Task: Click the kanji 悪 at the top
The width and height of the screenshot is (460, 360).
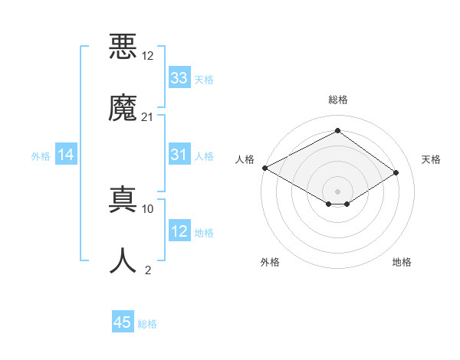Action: [x=123, y=47]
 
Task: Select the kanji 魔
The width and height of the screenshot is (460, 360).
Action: [x=123, y=107]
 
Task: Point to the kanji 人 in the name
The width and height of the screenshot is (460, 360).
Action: [x=123, y=260]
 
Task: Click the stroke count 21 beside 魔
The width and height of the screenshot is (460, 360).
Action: [x=147, y=116]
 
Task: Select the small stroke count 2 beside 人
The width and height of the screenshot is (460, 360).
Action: [x=147, y=270]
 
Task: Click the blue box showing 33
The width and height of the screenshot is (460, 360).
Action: [x=179, y=78]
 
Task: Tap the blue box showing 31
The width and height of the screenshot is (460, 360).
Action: [x=179, y=155]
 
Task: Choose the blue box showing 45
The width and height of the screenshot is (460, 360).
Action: [x=123, y=322]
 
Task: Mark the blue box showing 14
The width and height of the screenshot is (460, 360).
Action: [x=66, y=155]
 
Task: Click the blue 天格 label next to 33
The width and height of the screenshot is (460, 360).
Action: [x=204, y=79]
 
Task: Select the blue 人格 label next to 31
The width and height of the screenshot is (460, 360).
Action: [x=204, y=155]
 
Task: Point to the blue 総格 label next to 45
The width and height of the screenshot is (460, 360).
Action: [x=147, y=323]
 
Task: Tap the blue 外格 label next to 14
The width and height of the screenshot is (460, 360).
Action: [x=41, y=155]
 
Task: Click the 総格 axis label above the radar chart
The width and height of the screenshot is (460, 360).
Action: [x=337, y=100]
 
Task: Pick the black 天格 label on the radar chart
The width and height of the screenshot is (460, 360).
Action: [x=431, y=159]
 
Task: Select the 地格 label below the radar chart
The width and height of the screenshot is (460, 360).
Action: [x=402, y=262]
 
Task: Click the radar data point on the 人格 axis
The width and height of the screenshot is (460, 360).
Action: [x=264, y=168]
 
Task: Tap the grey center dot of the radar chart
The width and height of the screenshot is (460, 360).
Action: [x=337, y=191]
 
